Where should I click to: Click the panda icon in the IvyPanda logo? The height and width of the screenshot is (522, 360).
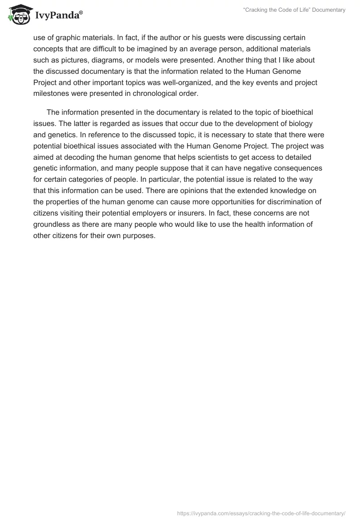18,14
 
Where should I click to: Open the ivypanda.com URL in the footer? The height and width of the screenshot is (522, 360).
261,513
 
